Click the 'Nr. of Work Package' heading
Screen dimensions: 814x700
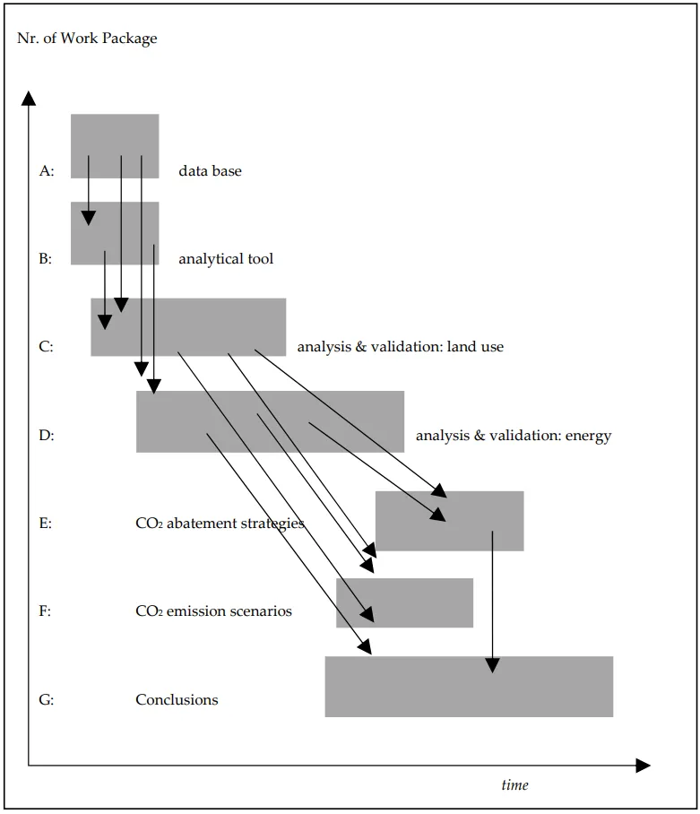tap(87, 39)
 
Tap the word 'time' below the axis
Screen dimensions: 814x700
tap(514, 785)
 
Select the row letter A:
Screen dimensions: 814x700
tap(47, 170)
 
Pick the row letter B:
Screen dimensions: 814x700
tap(46, 259)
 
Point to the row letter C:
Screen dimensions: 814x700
tap(47, 346)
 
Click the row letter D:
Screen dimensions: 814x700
tap(47, 436)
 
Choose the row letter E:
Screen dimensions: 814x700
tap(46, 524)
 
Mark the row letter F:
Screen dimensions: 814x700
tap(46, 611)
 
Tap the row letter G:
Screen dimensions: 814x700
tap(47, 699)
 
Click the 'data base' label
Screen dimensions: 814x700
tap(210, 170)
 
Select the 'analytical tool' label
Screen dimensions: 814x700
tap(226, 259)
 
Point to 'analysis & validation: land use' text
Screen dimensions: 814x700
tap(400, 346)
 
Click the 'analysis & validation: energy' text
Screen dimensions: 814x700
tap(513, 436)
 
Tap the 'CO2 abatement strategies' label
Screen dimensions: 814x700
tap(220, 524)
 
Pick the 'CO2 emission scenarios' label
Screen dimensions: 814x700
tap(213, 611)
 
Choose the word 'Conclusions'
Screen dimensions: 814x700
tap(177, 699)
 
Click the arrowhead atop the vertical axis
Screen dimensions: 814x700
tap(30, 98)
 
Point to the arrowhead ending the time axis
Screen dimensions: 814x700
tap(642, 766)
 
